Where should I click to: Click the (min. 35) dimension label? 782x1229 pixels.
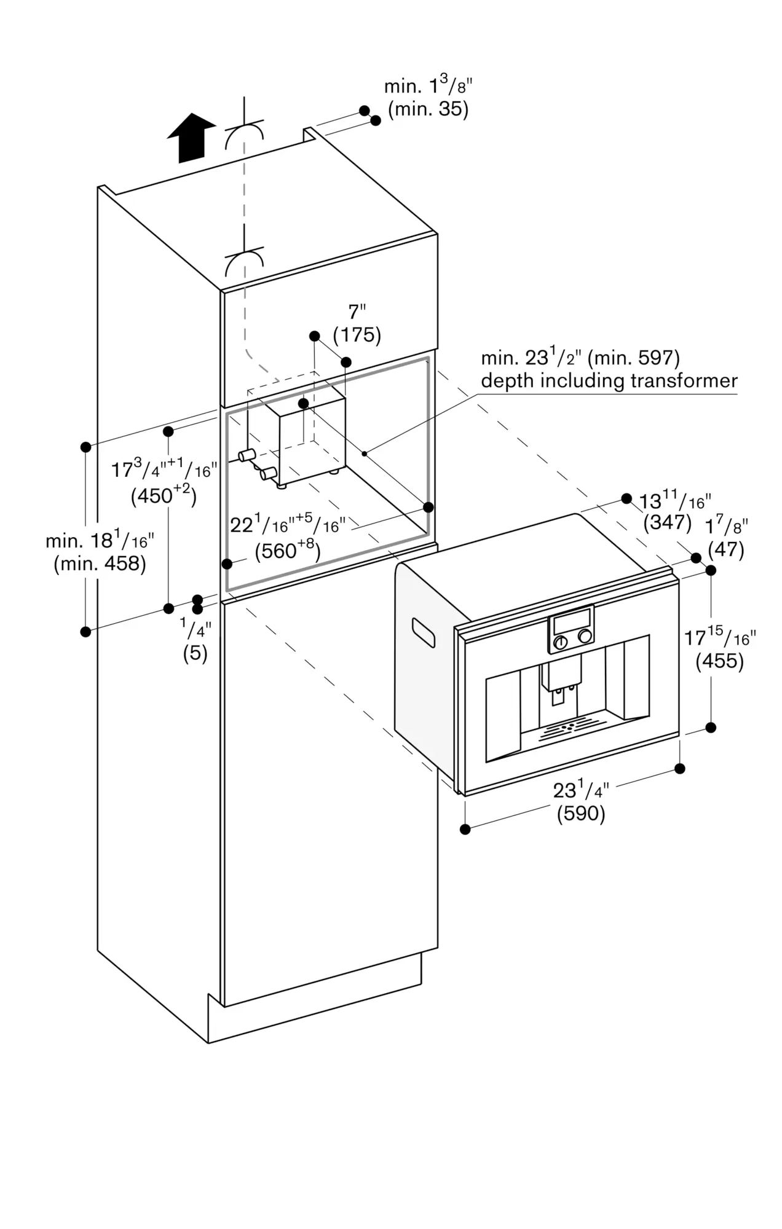tap(428, 110)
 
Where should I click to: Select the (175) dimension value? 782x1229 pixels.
tap(357, 336)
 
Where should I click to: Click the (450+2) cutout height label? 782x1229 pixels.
tap(164, 495)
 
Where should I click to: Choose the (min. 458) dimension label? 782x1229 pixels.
tap(100, 563)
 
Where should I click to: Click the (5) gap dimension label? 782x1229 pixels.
tap(195, 653)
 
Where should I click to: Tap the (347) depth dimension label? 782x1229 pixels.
tap(668, 522)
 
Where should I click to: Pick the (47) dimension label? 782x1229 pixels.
tap(726, 549)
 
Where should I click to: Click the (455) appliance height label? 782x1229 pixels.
tap(719, 661)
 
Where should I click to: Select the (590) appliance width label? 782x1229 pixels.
tap(581, 814)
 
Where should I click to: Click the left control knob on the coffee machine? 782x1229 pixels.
tap(560, 643)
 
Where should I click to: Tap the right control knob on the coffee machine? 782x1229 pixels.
tap(586, 636)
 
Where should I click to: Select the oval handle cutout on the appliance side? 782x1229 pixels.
tap(423, 633)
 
